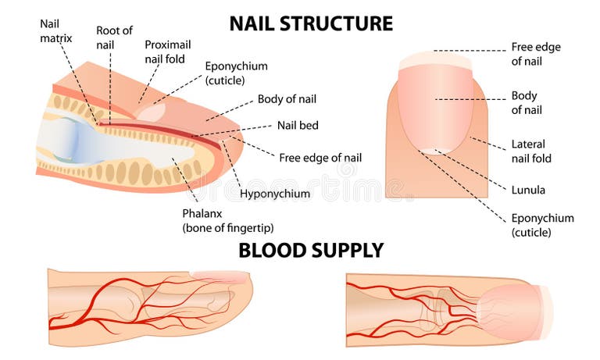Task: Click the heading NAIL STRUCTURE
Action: [311, 23]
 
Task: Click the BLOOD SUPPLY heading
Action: [311, 251]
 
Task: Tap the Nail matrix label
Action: [56, 31]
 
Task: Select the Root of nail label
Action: [114, 37]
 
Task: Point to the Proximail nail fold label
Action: [168, 52]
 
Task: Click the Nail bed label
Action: [298, 126]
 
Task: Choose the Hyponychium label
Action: [275, 194]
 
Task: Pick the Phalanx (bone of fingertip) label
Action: [228, 220]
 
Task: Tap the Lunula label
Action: [528, 190]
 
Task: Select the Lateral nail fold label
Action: [531, 151]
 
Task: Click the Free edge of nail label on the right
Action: [536, 54]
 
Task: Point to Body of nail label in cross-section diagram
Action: [287, 99]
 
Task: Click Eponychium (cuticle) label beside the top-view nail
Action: [543, 225]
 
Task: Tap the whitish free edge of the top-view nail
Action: [436, 60]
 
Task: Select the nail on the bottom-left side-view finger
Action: [220, 276]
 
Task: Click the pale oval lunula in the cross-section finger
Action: [152, 113]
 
